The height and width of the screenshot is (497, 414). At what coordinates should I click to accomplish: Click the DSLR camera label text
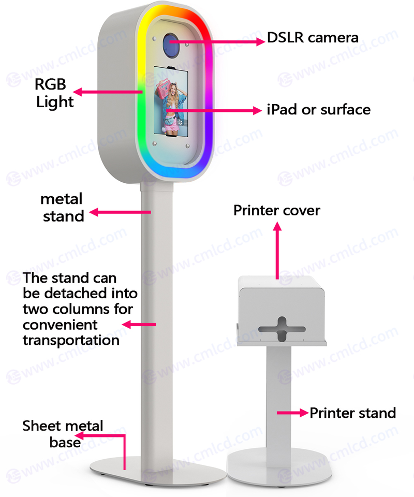point(313,38)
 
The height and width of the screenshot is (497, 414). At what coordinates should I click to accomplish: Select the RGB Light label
point(54,93)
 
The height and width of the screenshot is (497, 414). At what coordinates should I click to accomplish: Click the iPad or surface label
point(319,110)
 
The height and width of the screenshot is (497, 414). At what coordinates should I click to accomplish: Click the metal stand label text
point(62,207)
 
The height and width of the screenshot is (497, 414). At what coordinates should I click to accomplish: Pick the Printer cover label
point(277,211)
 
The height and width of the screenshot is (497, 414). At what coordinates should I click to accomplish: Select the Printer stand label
point(353,413)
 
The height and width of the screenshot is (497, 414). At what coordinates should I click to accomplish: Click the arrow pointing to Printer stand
point(292,413)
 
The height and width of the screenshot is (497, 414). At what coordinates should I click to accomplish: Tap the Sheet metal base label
point(63,434)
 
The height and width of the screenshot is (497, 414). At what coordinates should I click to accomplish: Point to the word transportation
point(71,340)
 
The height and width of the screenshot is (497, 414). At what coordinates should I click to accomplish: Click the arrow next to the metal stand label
point(120,212)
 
